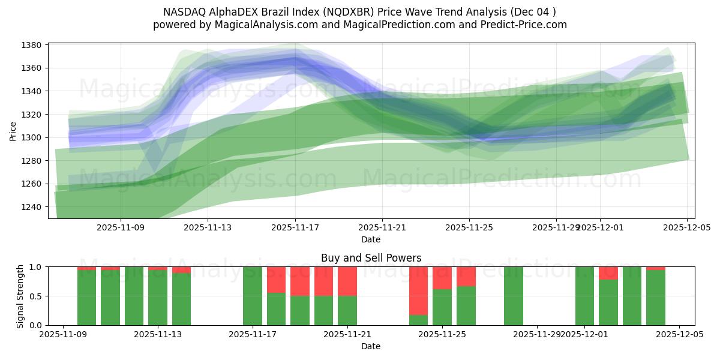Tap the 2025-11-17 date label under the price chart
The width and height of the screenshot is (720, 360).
(x=295, y=227)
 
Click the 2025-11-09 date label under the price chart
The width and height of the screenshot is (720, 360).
(x=121, y=227)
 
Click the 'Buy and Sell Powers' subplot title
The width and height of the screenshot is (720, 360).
(x=371, y=258)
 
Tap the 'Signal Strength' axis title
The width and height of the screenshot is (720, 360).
(x=20, y=296)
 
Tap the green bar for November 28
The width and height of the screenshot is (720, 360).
(x=514, y=296)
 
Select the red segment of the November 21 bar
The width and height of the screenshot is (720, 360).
(x=347, y=281)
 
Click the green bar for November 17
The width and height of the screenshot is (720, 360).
(x=253, y=296)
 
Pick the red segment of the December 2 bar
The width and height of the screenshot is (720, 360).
(x=608, y=273)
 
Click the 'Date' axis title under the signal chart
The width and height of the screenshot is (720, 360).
(x=371, y=346)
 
